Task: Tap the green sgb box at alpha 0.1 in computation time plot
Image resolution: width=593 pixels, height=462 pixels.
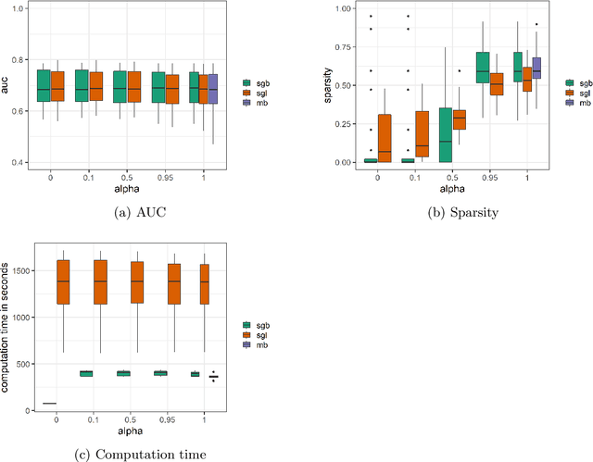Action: pos(85,373)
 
